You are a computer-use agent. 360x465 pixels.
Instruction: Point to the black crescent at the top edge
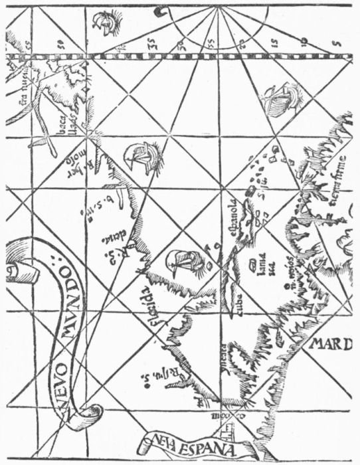160,11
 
